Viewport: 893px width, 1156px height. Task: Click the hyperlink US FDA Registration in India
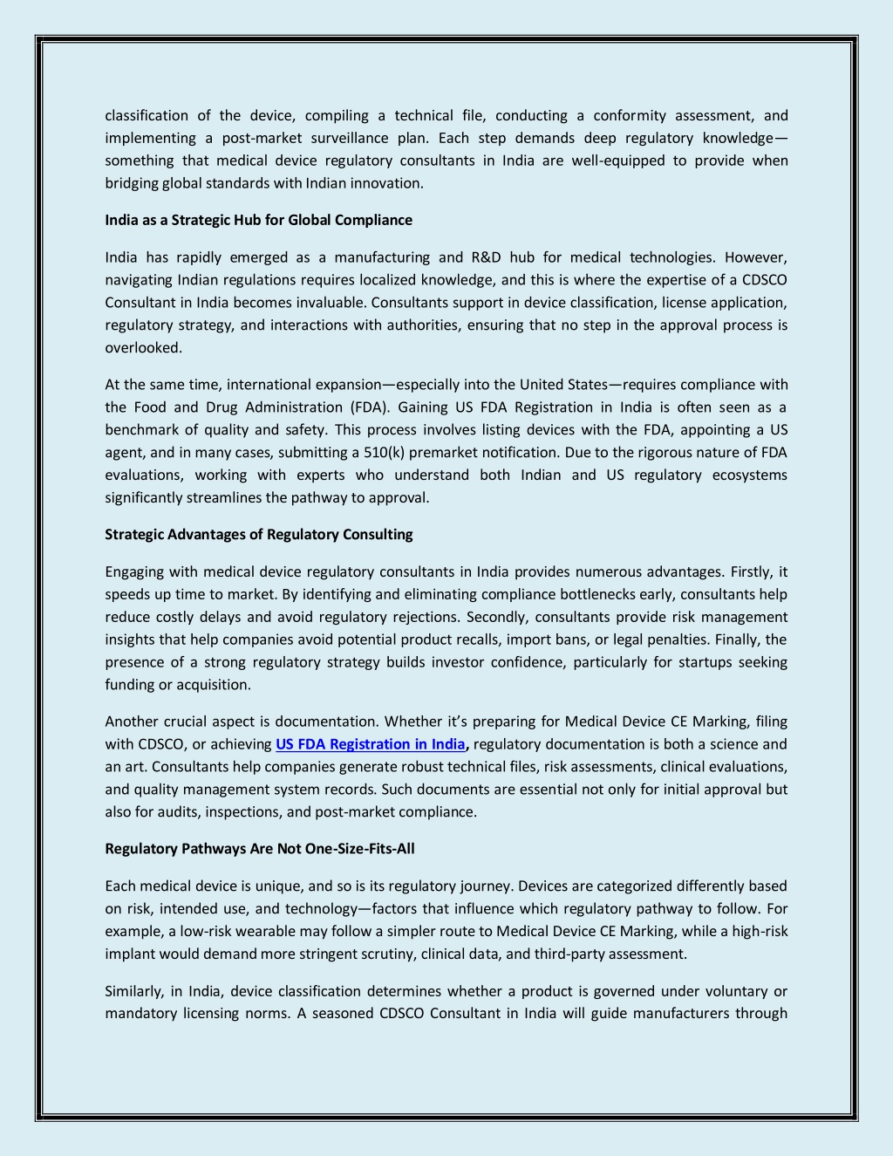(370, 744)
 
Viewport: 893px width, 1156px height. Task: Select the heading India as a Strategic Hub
(258, 220)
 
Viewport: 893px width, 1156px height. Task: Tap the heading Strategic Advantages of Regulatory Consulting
(258, 534)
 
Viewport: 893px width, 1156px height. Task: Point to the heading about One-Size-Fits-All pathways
(259, 848)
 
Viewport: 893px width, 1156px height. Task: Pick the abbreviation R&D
(486, 257)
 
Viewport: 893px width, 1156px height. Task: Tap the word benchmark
(141, 429)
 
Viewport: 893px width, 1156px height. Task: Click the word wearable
(265, 931)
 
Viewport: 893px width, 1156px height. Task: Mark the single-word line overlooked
(143, 347)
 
